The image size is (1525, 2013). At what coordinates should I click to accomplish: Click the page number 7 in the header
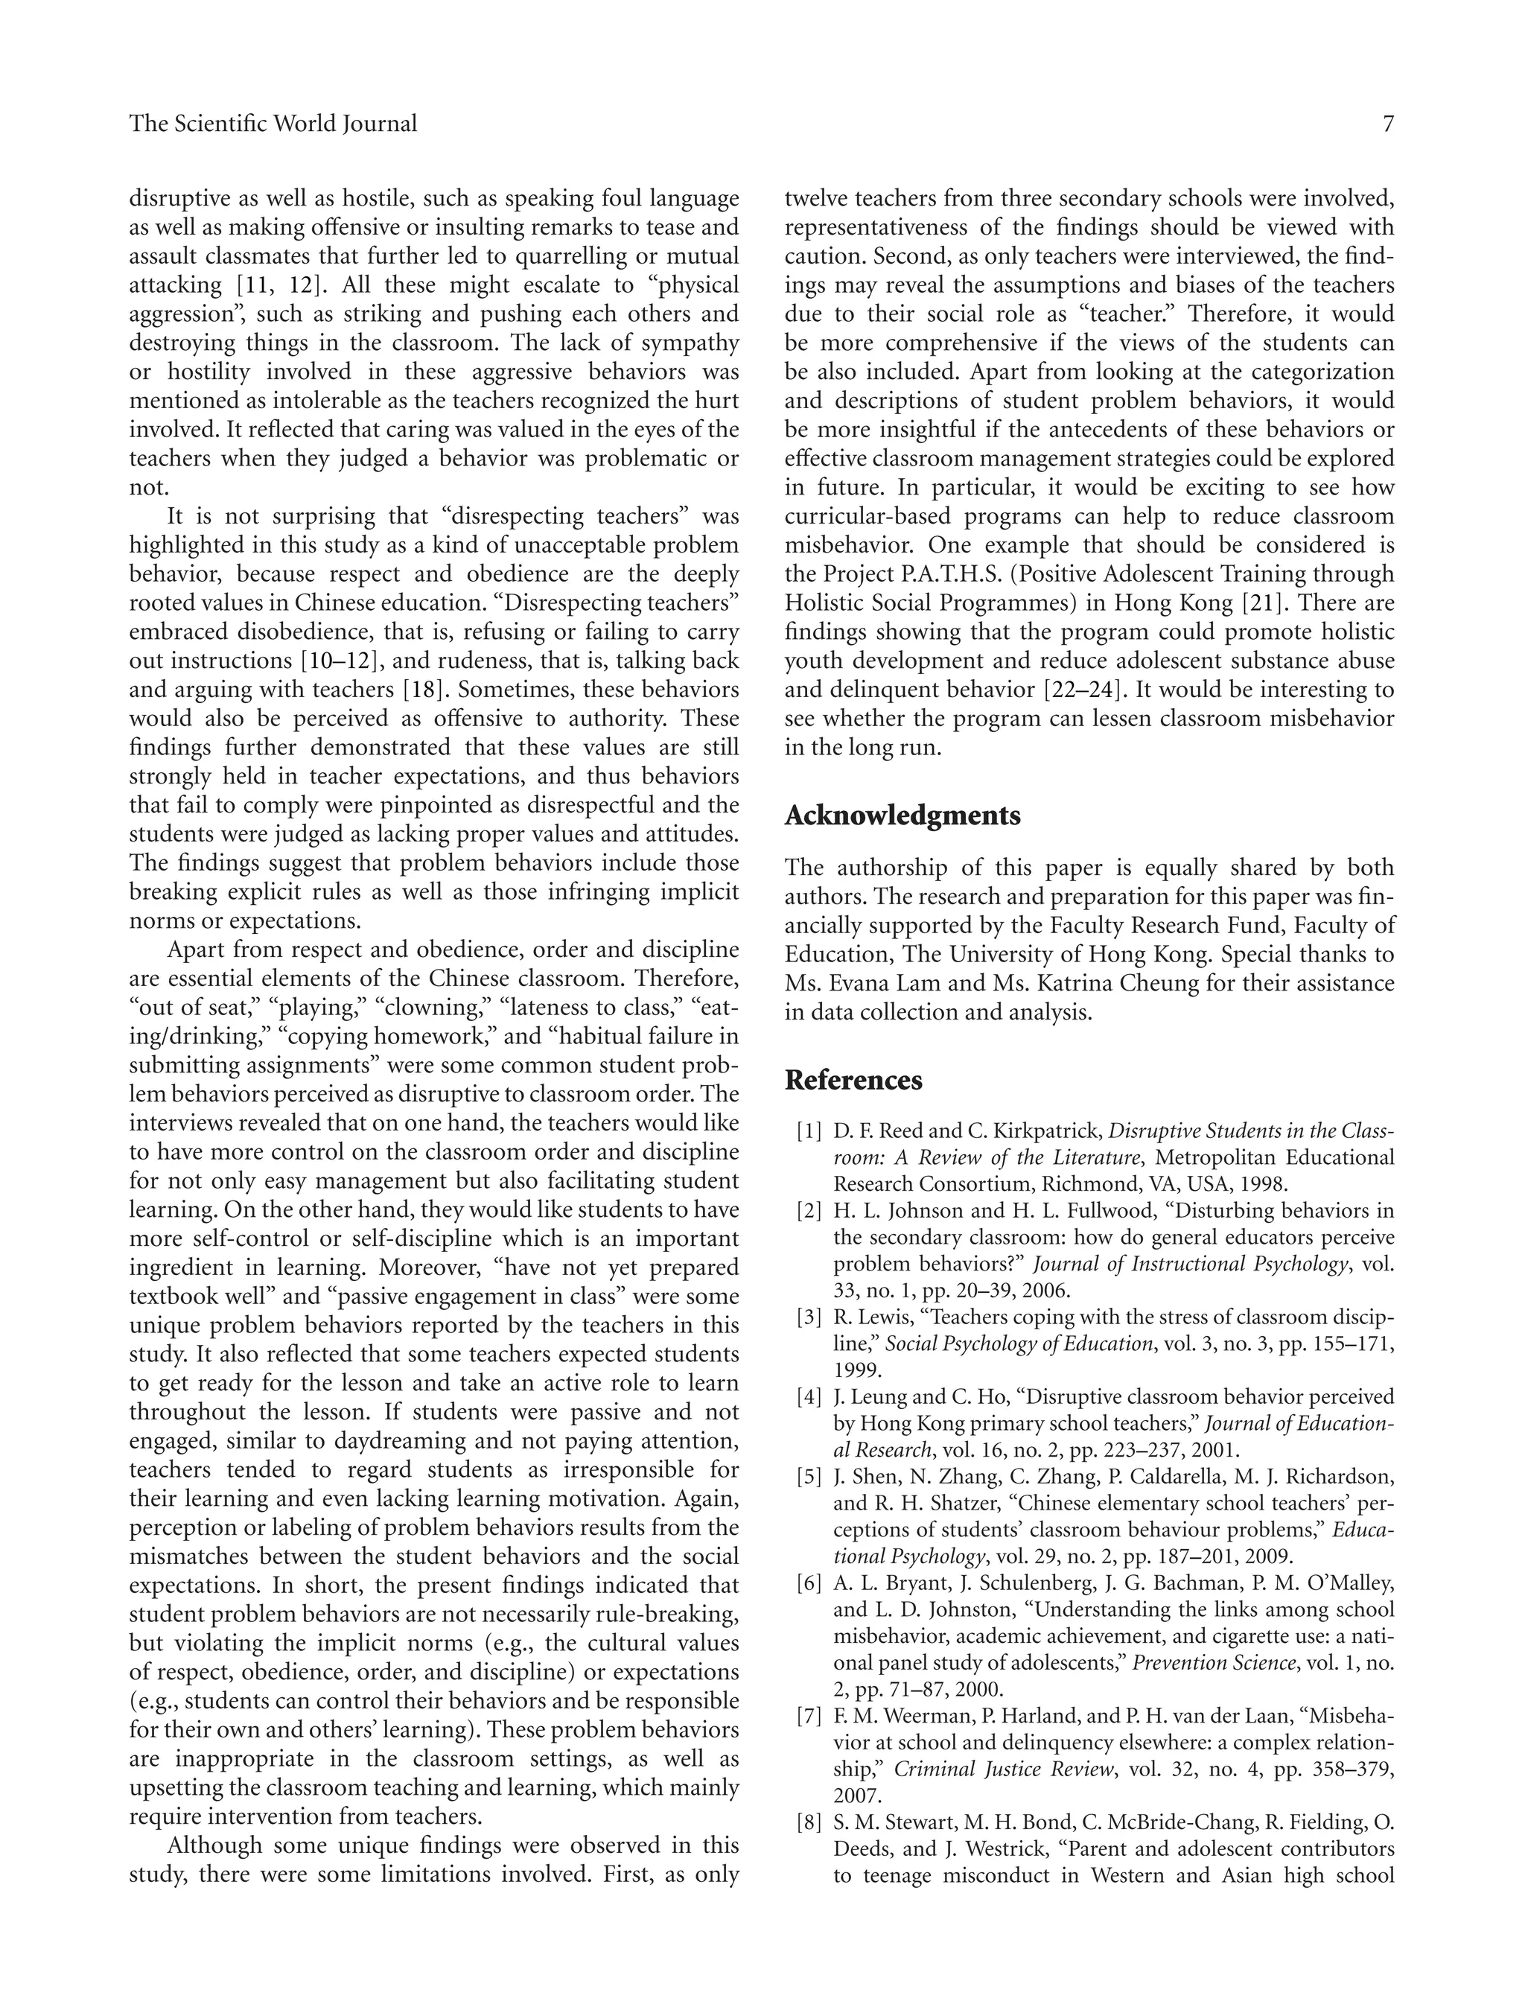1387,124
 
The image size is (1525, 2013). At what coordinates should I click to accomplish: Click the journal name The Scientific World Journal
273,124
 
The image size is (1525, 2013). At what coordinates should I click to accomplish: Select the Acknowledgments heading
902,815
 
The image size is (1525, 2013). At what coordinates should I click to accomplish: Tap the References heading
853,1080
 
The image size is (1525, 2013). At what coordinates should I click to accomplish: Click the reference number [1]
809,1131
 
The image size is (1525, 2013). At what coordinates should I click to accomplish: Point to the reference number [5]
809,1477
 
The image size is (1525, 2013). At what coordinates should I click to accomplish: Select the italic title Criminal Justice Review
1005,1769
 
